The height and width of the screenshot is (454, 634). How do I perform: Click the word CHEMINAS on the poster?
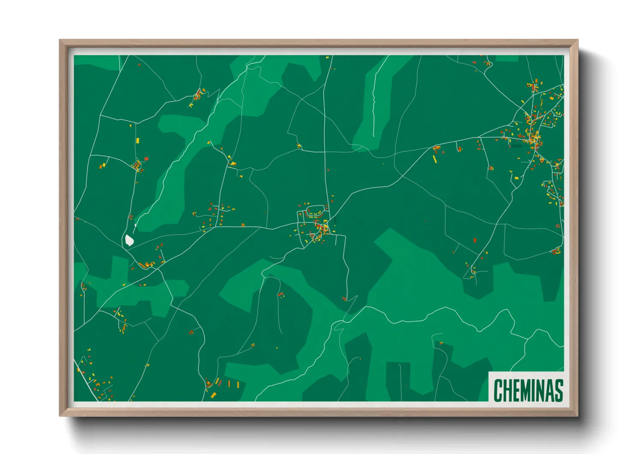click(x=528, y=390)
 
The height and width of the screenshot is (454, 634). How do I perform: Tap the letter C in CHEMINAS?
click(x=498, y=390)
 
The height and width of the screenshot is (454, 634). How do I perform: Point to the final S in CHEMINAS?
click(x=558, y=390)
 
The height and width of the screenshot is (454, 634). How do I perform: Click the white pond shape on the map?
click(x=129, y=240)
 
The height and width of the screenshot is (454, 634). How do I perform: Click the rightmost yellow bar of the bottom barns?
click(x=238, y=384)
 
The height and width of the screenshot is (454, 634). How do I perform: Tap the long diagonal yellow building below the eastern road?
click(x=434, y=159)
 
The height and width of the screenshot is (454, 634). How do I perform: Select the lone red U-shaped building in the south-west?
click(x=191, y=332)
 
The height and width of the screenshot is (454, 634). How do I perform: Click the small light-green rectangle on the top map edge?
click(x=507, y=58)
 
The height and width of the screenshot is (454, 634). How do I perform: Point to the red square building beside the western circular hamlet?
click(x=146, y=159)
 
